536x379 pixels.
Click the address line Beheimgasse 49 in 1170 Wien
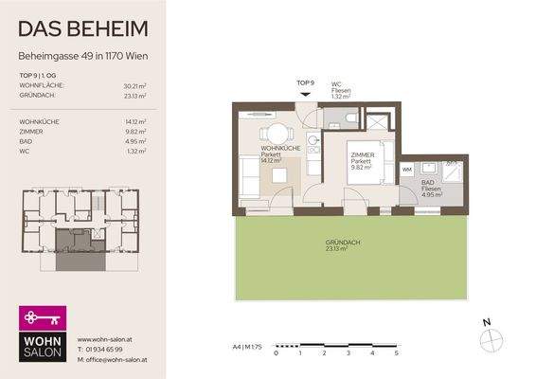(x=82, y=55)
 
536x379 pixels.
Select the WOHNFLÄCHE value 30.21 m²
(x=133, y=86)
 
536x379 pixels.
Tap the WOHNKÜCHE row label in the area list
(x=39, y=122)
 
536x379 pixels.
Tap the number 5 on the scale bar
(x=397, y=352)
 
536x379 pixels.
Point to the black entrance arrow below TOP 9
(x=306, y=93)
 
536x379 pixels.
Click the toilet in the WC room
(x=350, y=117)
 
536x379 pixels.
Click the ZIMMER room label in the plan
(x=364, y=154)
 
